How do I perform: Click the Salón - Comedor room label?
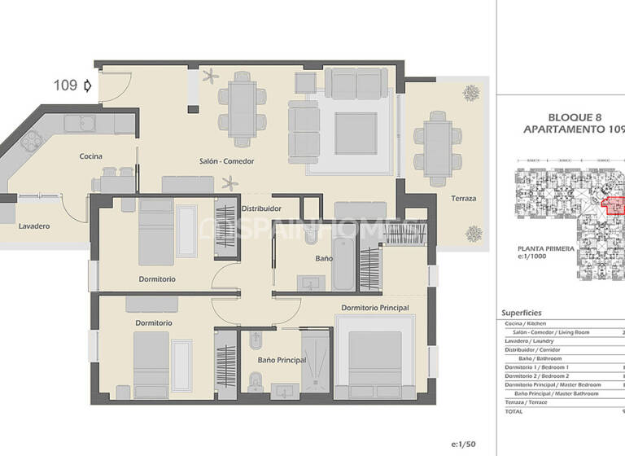226,161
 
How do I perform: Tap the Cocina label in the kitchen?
90,156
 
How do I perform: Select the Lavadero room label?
35,226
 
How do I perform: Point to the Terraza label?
464,199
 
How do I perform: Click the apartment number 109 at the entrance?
65,84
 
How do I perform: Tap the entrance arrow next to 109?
87,84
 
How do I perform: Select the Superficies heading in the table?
522,313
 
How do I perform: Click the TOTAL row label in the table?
514,411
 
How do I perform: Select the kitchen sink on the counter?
80,124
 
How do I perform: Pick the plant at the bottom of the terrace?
472,234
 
